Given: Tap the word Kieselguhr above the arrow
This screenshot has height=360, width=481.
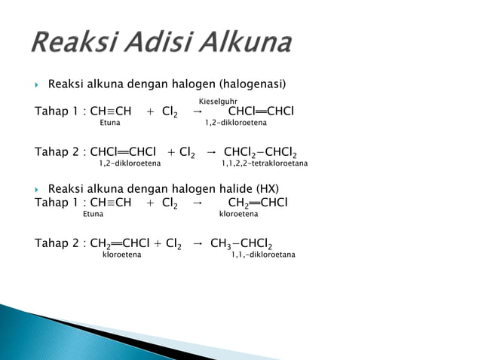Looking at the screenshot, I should coord(218,101).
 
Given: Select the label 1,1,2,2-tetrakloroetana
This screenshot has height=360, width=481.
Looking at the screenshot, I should coord(264,163).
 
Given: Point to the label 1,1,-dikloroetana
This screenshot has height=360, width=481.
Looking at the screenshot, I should coord(263,255).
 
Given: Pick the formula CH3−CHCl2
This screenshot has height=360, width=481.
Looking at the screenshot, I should coord(241,244).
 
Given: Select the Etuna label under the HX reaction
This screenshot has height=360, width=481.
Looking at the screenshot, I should coord(93,214).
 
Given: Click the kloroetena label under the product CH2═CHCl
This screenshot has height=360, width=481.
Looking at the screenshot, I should coord(238,214).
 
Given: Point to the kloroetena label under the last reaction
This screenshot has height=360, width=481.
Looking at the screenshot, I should coord(121,255).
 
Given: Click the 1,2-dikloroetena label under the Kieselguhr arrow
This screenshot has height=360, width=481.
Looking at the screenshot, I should coord(236,123).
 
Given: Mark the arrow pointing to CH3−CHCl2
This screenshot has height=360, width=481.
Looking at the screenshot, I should coord(198,244).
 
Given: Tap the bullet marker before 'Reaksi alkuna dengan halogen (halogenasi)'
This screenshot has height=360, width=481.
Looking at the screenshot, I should coord(38,82).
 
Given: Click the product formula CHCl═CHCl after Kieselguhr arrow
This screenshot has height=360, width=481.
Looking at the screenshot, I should coord(261,112).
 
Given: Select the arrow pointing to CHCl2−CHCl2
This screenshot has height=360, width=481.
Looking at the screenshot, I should coord(212,153).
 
